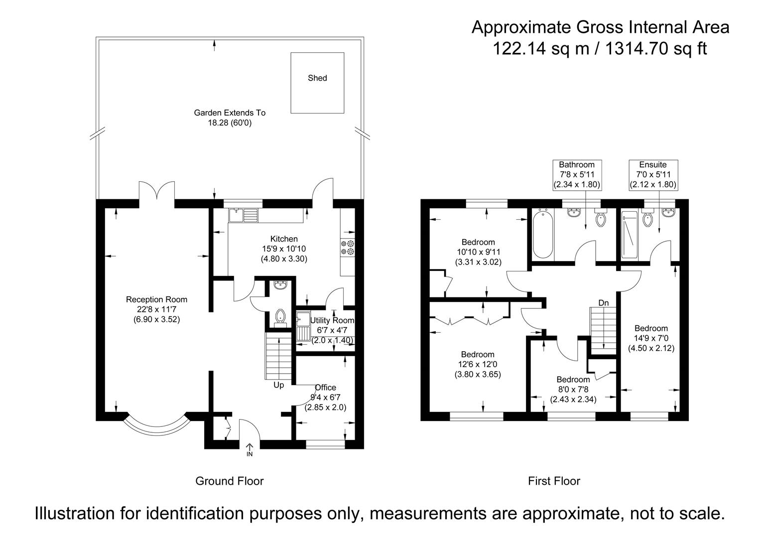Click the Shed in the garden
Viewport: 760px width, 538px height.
point(317,83)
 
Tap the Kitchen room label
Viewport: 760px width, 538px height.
point(284,239)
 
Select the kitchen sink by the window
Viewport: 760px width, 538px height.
point(244,215)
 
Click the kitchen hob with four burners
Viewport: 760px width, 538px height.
point(348,248)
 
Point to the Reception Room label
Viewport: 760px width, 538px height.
point(156,299)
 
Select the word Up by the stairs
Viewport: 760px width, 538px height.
point(278,385)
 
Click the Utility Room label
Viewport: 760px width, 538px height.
point(332,320)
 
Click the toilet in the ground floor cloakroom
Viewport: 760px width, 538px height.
point(280,316)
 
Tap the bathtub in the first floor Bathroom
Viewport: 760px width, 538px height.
point(542,234)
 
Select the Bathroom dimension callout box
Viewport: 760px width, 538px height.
point(577,174)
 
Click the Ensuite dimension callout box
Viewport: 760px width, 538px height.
point(653,174)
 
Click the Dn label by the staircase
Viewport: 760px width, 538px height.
point(603,303)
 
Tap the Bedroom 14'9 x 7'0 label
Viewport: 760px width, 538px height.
point(651,328)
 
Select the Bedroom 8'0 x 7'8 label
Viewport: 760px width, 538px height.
point(573,380)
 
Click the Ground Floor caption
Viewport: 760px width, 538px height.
point(229,481)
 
